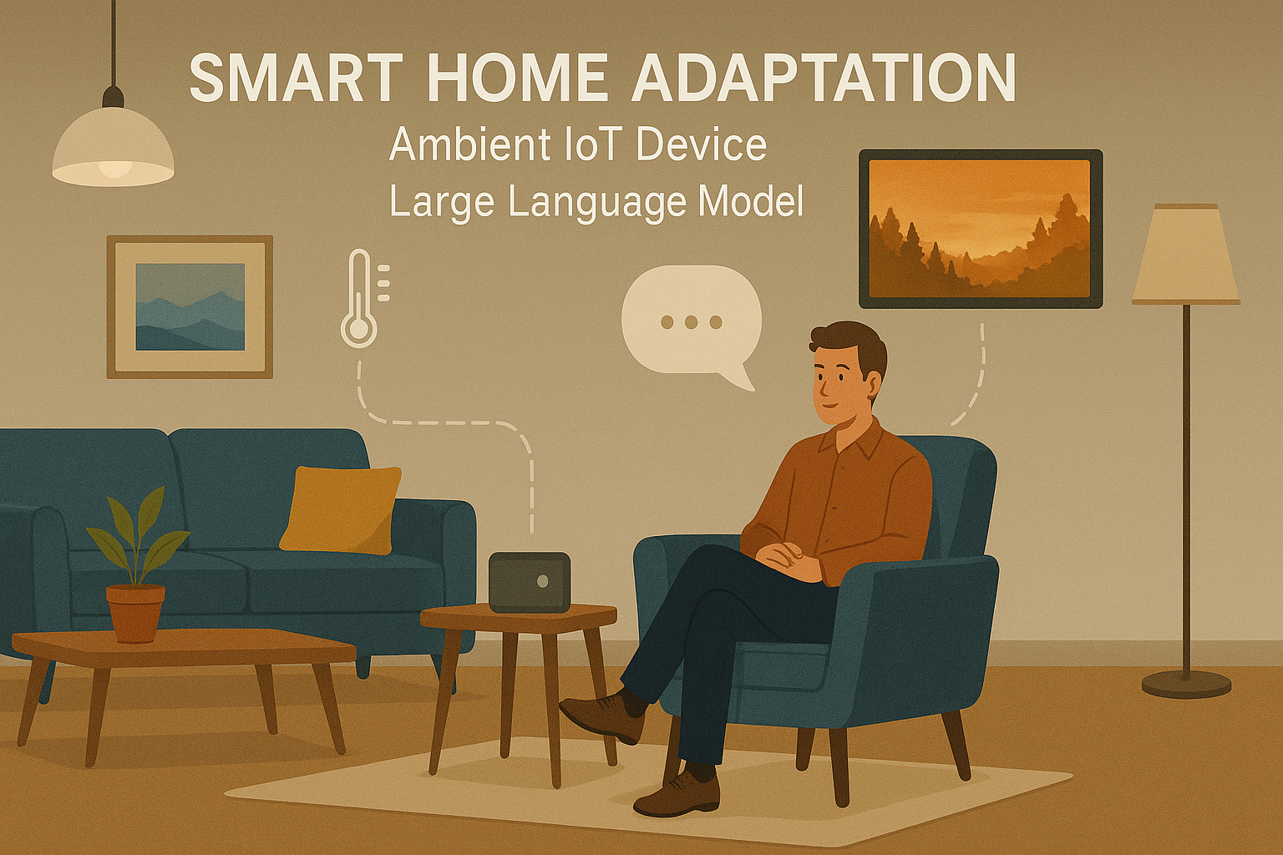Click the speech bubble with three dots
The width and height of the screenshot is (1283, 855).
(692, 321)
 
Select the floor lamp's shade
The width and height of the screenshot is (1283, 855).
(1185, 254)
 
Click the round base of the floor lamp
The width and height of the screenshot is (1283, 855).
(1186, 684)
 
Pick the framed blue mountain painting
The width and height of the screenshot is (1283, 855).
(190, 306)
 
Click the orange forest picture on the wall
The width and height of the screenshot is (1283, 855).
(980, 229)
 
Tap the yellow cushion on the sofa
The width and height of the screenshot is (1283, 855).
(341, 509)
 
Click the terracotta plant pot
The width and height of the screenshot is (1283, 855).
(135, 613)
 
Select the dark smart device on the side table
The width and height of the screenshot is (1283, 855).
(529, 582)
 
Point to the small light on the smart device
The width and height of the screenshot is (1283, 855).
(543, 580)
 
